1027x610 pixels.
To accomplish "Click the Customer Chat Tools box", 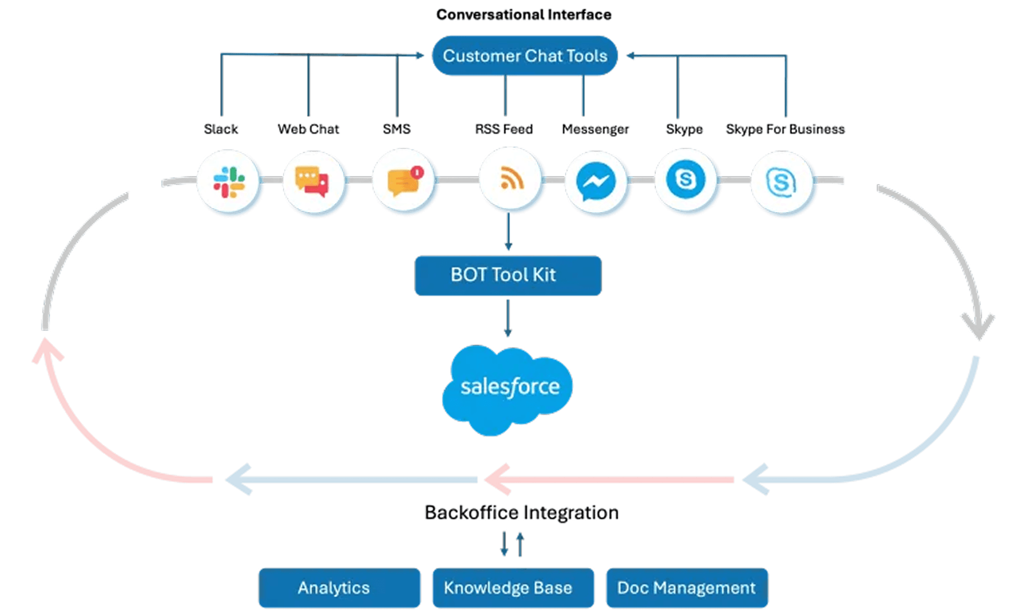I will coord(525,56).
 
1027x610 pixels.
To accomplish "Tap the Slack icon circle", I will coord(229,181).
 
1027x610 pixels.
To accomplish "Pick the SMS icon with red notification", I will coord(404,181).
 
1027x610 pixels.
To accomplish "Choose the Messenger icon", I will coord(596,181).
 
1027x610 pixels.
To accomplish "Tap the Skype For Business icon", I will coord(781,182).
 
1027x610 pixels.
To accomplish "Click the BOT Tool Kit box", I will coord(508,275).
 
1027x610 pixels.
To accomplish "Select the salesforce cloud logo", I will coord(508,388).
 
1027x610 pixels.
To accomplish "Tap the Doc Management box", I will coord(687,588).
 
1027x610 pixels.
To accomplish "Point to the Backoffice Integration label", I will coord(521,512).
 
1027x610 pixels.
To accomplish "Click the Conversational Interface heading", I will coord(524,14).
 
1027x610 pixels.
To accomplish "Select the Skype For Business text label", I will coord(785,129).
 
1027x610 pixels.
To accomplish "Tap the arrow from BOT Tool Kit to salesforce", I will coord(508,318).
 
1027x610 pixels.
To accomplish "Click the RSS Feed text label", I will coord(504,129).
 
